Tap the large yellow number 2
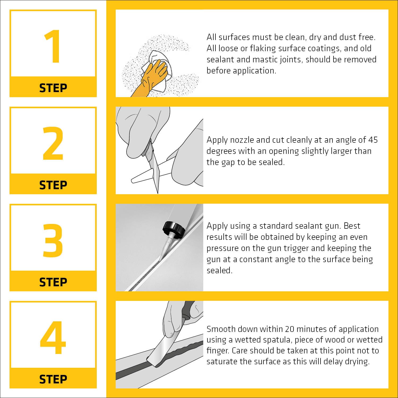point(53,143)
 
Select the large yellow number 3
point(53,240)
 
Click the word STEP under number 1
point(53,88)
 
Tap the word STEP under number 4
point(53,379)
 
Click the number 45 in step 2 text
point(373,140)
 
